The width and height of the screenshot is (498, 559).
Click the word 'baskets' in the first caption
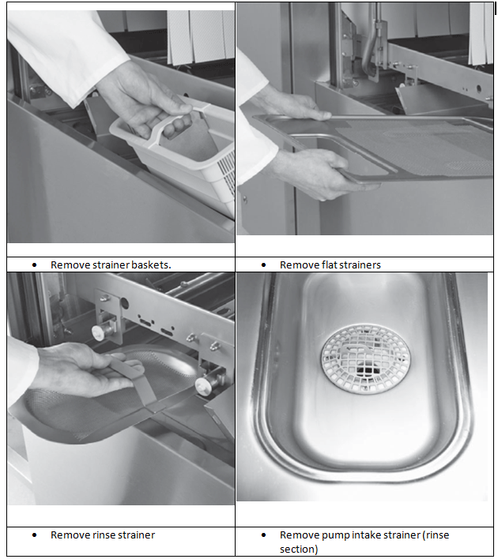pyautogui.click(x=151, y=264)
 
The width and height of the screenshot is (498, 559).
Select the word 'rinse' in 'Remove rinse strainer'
pyautogui.click(x=104, y=535)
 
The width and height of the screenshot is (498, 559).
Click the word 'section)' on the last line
pyautogui.click(x=299, y=549)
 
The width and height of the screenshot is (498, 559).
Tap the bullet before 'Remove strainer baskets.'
pyautogui.click(x=34, y=264)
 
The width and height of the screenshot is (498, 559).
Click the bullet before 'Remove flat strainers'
pyautogui.click(x=263, y=264)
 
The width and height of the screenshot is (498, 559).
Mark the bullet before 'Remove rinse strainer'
pyautogui.click(x=34, y=535)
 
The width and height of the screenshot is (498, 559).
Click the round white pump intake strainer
pyautogui.click(x=365, y=358)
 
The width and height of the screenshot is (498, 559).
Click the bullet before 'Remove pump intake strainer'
pyautogui.click(x=263, y=535)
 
